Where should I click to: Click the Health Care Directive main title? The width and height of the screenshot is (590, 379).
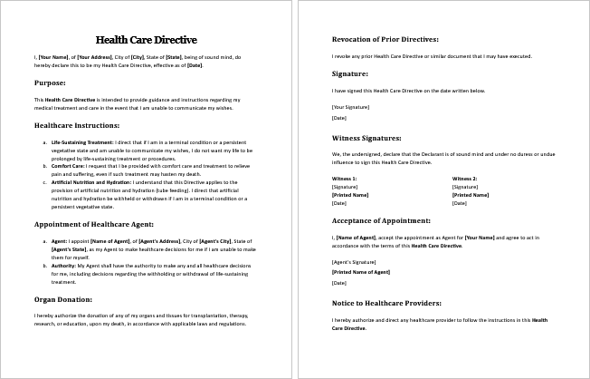146,40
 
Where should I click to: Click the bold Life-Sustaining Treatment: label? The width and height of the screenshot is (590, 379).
82,142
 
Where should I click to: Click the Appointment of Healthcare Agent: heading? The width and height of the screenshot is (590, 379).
94,223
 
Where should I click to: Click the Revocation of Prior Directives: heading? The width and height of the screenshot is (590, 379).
385,40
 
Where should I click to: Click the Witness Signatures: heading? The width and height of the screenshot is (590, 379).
366,139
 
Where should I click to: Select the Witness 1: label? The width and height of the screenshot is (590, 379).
345,180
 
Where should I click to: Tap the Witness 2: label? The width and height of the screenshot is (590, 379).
464,180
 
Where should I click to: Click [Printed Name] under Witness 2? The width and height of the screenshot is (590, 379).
469,195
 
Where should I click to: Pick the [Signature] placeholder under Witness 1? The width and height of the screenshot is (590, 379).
345,187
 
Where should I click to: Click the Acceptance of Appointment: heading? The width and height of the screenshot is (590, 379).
381,220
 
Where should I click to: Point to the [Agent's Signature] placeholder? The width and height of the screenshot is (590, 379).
355,262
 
